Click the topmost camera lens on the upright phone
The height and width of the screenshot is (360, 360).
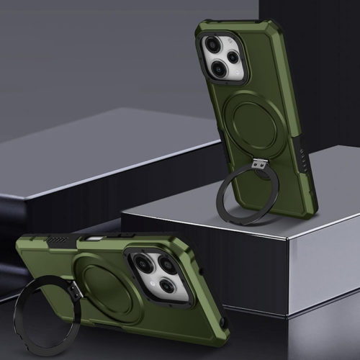(213, 45)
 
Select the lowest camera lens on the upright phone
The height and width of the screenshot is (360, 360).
(218, 70)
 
